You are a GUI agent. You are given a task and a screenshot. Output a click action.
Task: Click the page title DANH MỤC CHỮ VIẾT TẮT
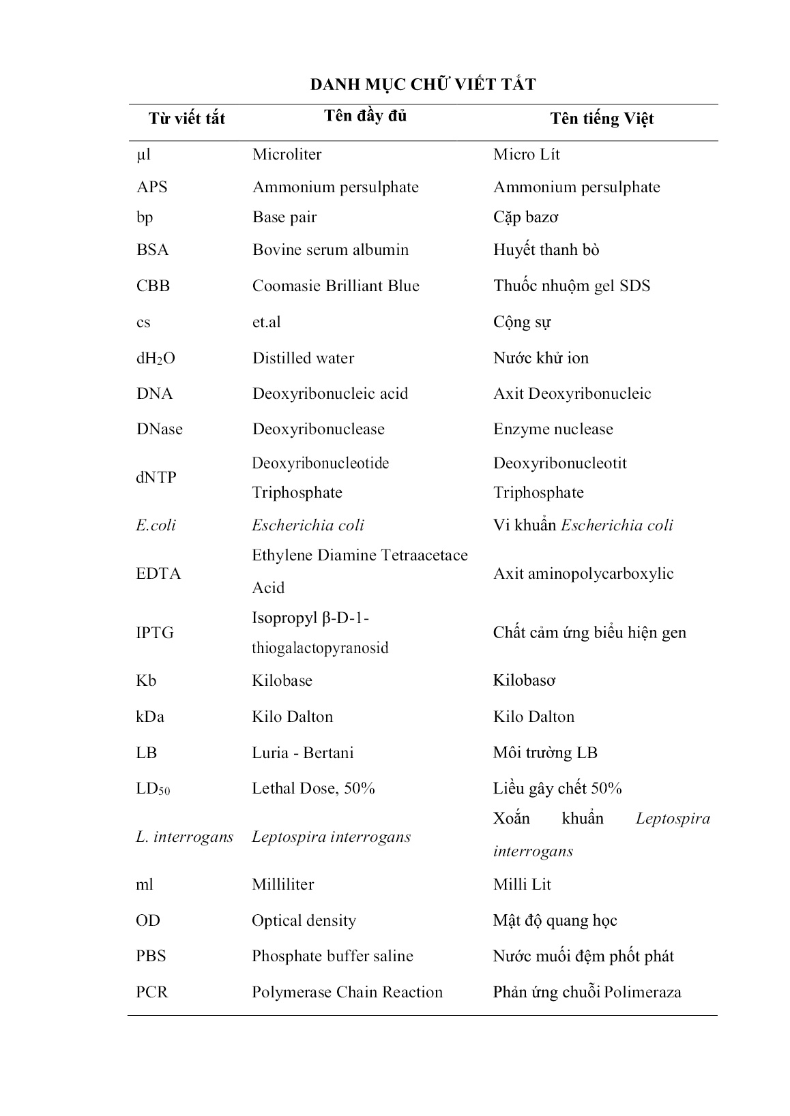[x=423, y=85]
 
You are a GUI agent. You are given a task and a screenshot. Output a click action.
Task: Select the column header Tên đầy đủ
[x=365, y=116]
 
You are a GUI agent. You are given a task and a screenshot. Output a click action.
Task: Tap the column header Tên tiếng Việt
[x=602, y=119]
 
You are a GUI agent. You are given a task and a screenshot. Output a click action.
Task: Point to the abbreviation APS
[x=151, y=187]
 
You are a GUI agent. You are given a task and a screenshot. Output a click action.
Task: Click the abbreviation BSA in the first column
[x=152, y=250]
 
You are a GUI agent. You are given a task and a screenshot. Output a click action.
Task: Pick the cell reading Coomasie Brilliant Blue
[x=336, y=286]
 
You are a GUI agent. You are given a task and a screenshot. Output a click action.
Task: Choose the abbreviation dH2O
[x=156, y=359]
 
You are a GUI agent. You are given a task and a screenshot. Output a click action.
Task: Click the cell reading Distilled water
[x=303, y=358]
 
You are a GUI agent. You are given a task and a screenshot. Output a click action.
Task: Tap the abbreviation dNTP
[x=156, y=477]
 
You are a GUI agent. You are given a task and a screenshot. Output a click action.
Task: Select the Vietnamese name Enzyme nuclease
[x=553, y=429]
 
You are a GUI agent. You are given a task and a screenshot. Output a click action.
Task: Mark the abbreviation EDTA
[x=158, y=573]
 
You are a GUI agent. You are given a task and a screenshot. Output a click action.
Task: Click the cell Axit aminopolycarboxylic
[x=583, y=573]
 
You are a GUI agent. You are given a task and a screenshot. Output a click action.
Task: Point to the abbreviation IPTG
[x=155, y=633]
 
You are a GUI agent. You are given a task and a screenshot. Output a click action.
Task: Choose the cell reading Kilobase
[x=282, y=680]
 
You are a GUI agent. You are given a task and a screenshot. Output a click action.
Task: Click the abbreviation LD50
[x=153, y=789]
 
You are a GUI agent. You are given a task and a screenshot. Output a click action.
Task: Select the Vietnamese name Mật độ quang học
[x=555, y=920]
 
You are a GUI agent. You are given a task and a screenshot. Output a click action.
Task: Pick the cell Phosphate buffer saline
[x=332, y=956]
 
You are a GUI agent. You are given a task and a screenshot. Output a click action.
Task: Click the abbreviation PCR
[x=151, y=992]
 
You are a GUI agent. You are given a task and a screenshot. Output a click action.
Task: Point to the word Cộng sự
[x=522, y=322]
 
